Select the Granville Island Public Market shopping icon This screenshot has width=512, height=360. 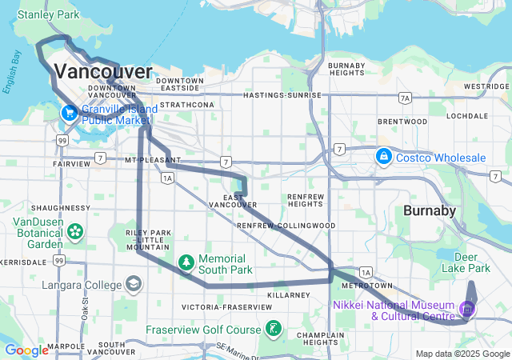(x=70, y=113)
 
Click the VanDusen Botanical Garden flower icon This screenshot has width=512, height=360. (x=75, y=232)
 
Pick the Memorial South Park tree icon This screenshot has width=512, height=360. (x=186, y=262)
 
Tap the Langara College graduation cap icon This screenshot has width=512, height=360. (x=133, y=285)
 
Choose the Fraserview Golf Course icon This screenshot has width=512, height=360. (x=274, y=329)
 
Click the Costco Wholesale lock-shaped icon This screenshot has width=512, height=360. (x=384, y=154)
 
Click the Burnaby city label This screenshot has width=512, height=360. (x=429, y=211)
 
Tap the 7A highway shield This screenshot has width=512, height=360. (x=406, y=98)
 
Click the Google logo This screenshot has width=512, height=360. (x=26, y=350)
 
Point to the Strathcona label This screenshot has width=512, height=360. (x=186, y=105)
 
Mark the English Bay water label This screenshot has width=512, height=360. (x=12, y=74)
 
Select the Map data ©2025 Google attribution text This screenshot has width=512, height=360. (x=462, y=354)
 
